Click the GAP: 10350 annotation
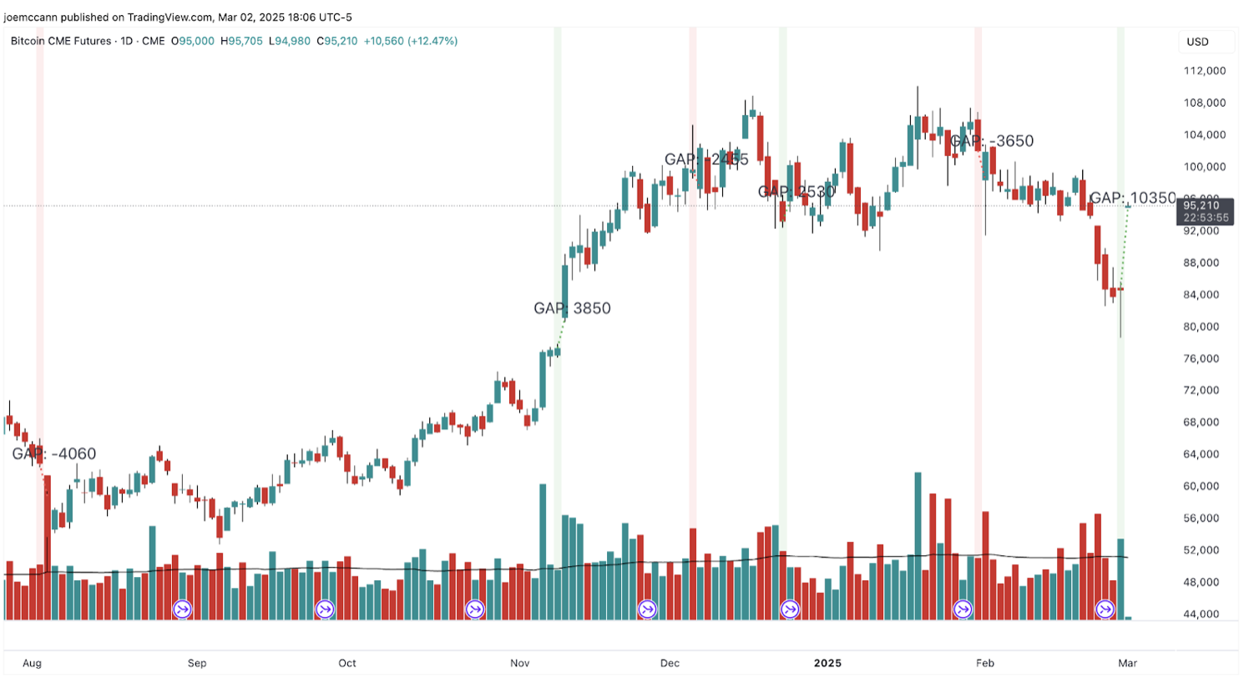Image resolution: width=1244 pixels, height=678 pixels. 1133,198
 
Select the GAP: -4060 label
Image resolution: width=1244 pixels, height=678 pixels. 53,454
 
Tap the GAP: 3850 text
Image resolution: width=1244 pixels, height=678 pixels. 572,308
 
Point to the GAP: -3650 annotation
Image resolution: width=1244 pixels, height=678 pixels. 992,141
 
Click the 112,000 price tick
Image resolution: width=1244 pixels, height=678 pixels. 1204,71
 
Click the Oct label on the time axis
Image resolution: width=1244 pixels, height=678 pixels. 347,663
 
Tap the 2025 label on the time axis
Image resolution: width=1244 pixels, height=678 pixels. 829,663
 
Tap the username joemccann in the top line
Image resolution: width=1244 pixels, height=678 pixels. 33,14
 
